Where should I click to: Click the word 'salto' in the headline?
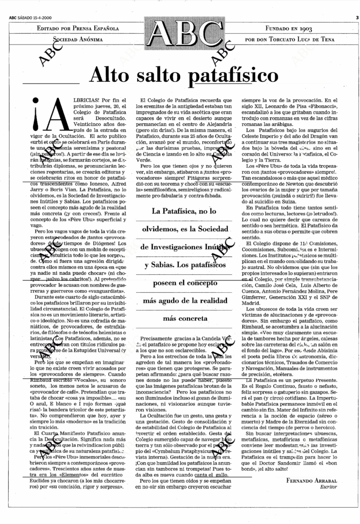pyautogui.click(x=163, y=76)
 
